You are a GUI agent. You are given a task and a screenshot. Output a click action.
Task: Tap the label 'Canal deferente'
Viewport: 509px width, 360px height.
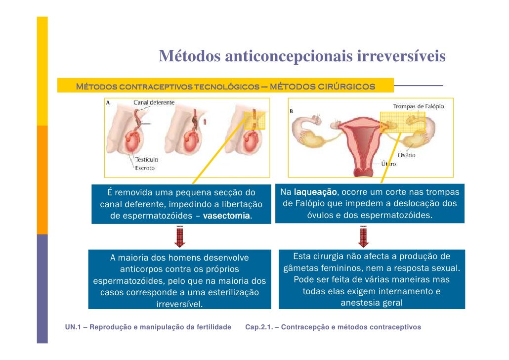pos(154,103)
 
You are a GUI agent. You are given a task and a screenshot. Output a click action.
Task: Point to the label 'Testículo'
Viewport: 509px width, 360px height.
pos(147,159)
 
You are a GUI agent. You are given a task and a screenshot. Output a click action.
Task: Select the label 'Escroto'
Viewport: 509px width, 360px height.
pos(145,168)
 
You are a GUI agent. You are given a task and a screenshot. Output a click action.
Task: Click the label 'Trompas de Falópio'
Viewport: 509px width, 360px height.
pos(419,106)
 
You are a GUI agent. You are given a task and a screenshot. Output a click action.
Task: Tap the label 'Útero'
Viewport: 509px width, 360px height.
pos(388,163)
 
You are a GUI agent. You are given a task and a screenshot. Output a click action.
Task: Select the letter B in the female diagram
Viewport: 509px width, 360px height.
pos(291,111)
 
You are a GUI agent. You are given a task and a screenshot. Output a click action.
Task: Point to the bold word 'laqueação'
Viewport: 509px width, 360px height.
pos(315,192)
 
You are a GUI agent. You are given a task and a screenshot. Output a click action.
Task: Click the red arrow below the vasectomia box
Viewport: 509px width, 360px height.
pos(179,236)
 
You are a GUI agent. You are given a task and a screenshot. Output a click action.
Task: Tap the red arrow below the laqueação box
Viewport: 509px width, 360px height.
pos(364,236)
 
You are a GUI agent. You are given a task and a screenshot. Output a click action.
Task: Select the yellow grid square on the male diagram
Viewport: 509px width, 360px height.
pos(254,120)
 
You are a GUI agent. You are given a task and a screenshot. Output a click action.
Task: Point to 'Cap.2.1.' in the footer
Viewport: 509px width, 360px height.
pos(261,327)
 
